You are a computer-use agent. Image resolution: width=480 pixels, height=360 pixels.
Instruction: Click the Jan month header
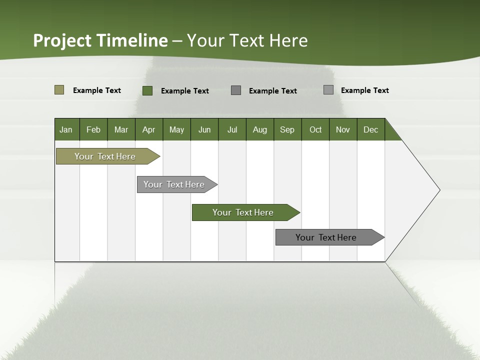click(66, 129)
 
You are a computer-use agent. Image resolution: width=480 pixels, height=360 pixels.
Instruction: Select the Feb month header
click(93, 129)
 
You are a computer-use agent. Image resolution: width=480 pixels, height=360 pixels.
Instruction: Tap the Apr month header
click(149, 129)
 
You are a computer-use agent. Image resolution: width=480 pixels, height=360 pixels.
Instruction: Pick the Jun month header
click(204, 129)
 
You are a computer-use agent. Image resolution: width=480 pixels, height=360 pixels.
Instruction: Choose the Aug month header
click(260, 129)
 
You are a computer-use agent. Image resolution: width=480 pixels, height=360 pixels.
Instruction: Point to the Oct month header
click(315, 129)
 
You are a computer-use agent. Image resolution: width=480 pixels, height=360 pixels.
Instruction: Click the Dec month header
click(371, 129)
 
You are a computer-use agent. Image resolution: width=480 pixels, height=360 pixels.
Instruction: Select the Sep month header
click(287, 129)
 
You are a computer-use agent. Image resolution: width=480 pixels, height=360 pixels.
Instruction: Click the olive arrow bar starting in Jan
click(105, 156)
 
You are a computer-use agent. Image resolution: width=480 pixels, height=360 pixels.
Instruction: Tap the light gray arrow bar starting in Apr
click(174, 184)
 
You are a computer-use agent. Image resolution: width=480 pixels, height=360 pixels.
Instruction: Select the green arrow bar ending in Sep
click(243, 212)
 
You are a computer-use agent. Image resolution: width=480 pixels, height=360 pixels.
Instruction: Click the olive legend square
click(59, 90)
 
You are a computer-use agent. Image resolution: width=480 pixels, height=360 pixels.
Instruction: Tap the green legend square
click(147, 90)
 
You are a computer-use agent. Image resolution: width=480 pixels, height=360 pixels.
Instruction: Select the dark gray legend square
click(236, 90)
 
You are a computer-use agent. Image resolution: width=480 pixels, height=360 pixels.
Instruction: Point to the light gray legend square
click(328, 90)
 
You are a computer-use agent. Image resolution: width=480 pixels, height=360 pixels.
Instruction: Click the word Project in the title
click(62, 40)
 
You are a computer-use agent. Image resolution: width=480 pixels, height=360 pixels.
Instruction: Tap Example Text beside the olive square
click(97, 90)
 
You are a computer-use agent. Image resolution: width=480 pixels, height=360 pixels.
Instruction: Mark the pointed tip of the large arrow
click(439, 190)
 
